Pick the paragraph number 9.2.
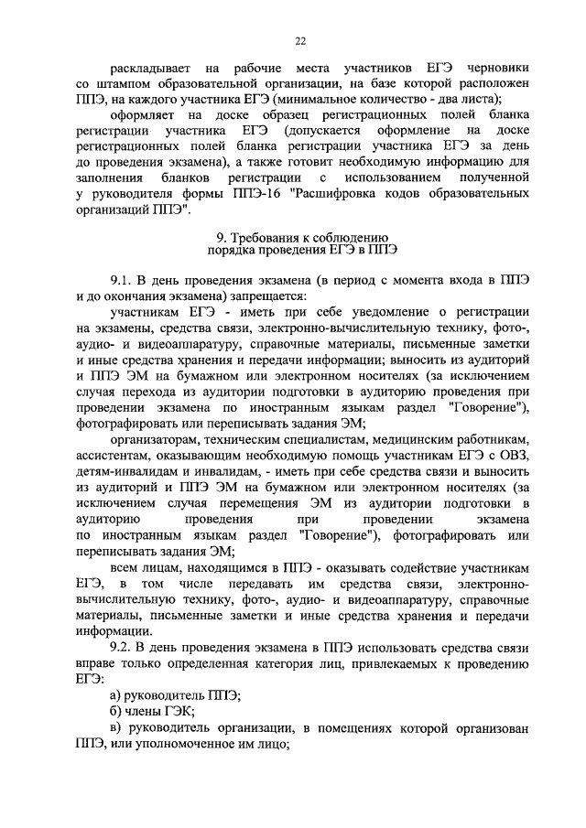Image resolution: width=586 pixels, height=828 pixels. point(121,646)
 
